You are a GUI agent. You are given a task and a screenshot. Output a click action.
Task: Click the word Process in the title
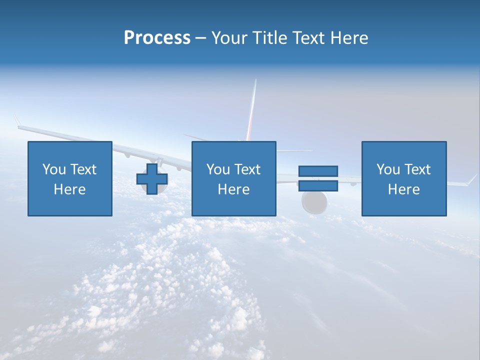click(157, 38)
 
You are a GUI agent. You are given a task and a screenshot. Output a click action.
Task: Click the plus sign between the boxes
click(152, 179)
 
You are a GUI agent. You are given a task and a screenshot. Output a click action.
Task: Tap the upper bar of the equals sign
click(318, 171)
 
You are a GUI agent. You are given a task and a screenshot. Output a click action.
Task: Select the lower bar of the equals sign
click(318, 185)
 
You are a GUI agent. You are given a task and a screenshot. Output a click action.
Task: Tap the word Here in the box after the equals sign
click(403, 189)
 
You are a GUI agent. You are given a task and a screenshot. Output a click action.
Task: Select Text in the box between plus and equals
click(247, 169)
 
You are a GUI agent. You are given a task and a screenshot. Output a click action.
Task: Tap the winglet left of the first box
click(17, 121)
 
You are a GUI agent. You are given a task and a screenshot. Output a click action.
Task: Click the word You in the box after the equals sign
click(388, 169)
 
